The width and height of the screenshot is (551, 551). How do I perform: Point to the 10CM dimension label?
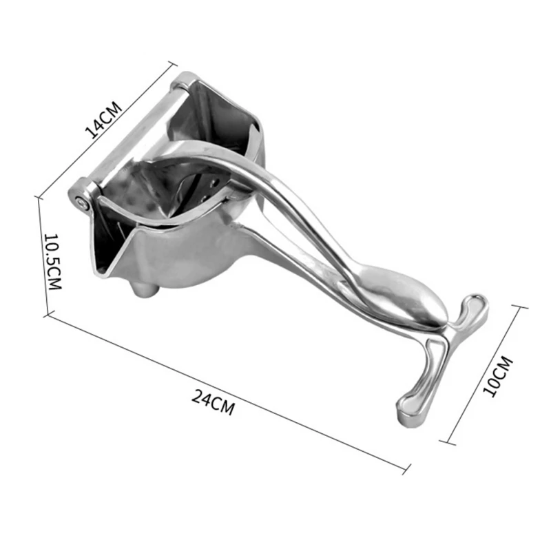[497, 375]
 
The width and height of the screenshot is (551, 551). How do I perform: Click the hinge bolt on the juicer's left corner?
[83, 202]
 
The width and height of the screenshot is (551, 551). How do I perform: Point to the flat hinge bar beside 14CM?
[134, 131]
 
